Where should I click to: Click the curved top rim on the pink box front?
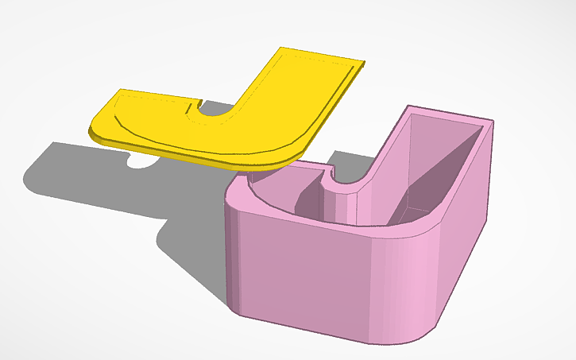pyautogui.click(x=334, y=224)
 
